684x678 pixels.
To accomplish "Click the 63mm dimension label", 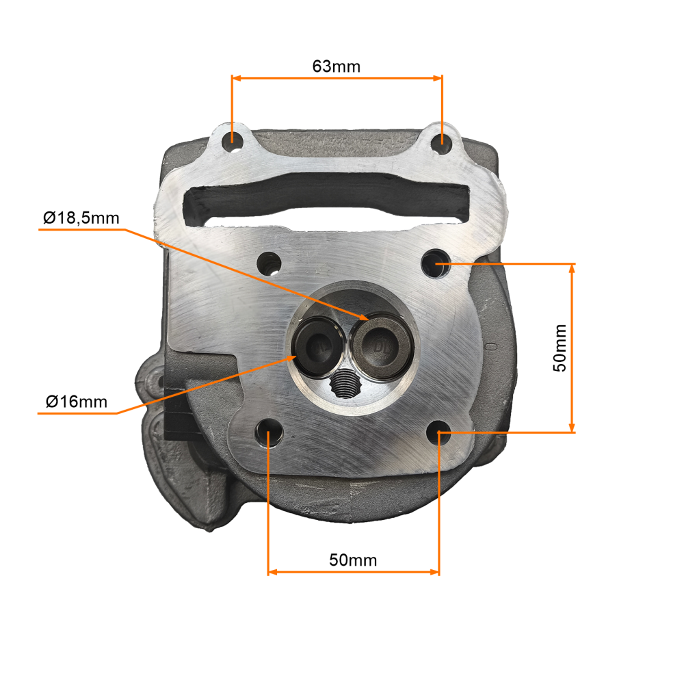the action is coord(337,66).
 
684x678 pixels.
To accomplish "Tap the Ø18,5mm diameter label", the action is coord(81,218).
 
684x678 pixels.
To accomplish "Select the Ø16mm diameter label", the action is coord(77,402).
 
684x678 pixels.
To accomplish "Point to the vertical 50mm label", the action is coord(560,348).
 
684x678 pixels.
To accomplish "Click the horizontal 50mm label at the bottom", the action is coord(353,560).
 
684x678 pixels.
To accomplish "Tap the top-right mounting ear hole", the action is coord(441,142).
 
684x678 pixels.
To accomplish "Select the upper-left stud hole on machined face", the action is coord(269,263).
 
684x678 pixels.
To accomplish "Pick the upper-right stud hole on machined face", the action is coord(436,263).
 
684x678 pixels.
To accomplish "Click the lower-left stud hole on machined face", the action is coord(268,433).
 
